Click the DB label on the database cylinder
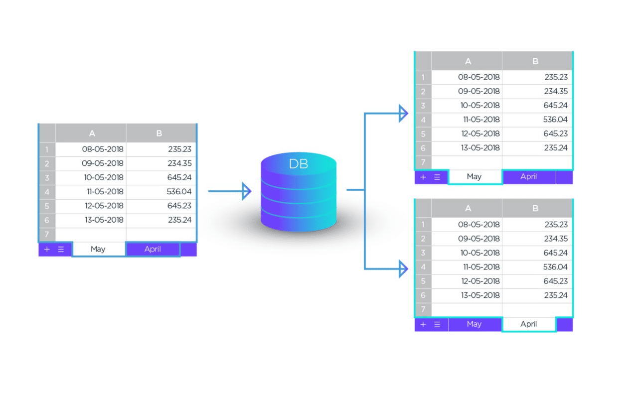pyautogui.click(x=299, y=164)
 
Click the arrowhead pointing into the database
pyautogui.click(x=247, y=191)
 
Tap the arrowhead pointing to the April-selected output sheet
pyautogui.click(x=403, y=268)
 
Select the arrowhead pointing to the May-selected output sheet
pyautogui.click(x=403, y=113)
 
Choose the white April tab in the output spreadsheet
pyautogui.click(x=529, y=324)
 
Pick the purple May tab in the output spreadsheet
pyautogui.click(x=474, y=324)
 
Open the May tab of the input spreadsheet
pyautogui.click(x=98, y=249)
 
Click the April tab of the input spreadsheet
pyautogui.click(x=153, y=249)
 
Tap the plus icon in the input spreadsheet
pyautogui.click(x=47, y=250)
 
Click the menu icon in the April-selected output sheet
pyautogui.click(x=437, y=324)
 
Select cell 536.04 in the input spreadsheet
pyautogui.click(x=179, y=192)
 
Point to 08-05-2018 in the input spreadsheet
pyautogui.click(x=103, y=149)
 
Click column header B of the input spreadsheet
pyautogui.click(x=159, y=133)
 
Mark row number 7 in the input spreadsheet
pyautogui.click(x=47, y=235)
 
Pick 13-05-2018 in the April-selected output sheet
pyautogui.click(x=480, y=295)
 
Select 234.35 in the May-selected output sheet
pyautogui.click(x=556, y=91)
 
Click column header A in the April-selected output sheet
pyautogui.click(x=468, y=208)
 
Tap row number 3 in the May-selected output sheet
pyautogui.click(x=423, y=106)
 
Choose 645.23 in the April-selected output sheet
pyautogui.click(x=555, y=281)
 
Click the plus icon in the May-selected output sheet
pyautogui.click(x=423, y=177)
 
